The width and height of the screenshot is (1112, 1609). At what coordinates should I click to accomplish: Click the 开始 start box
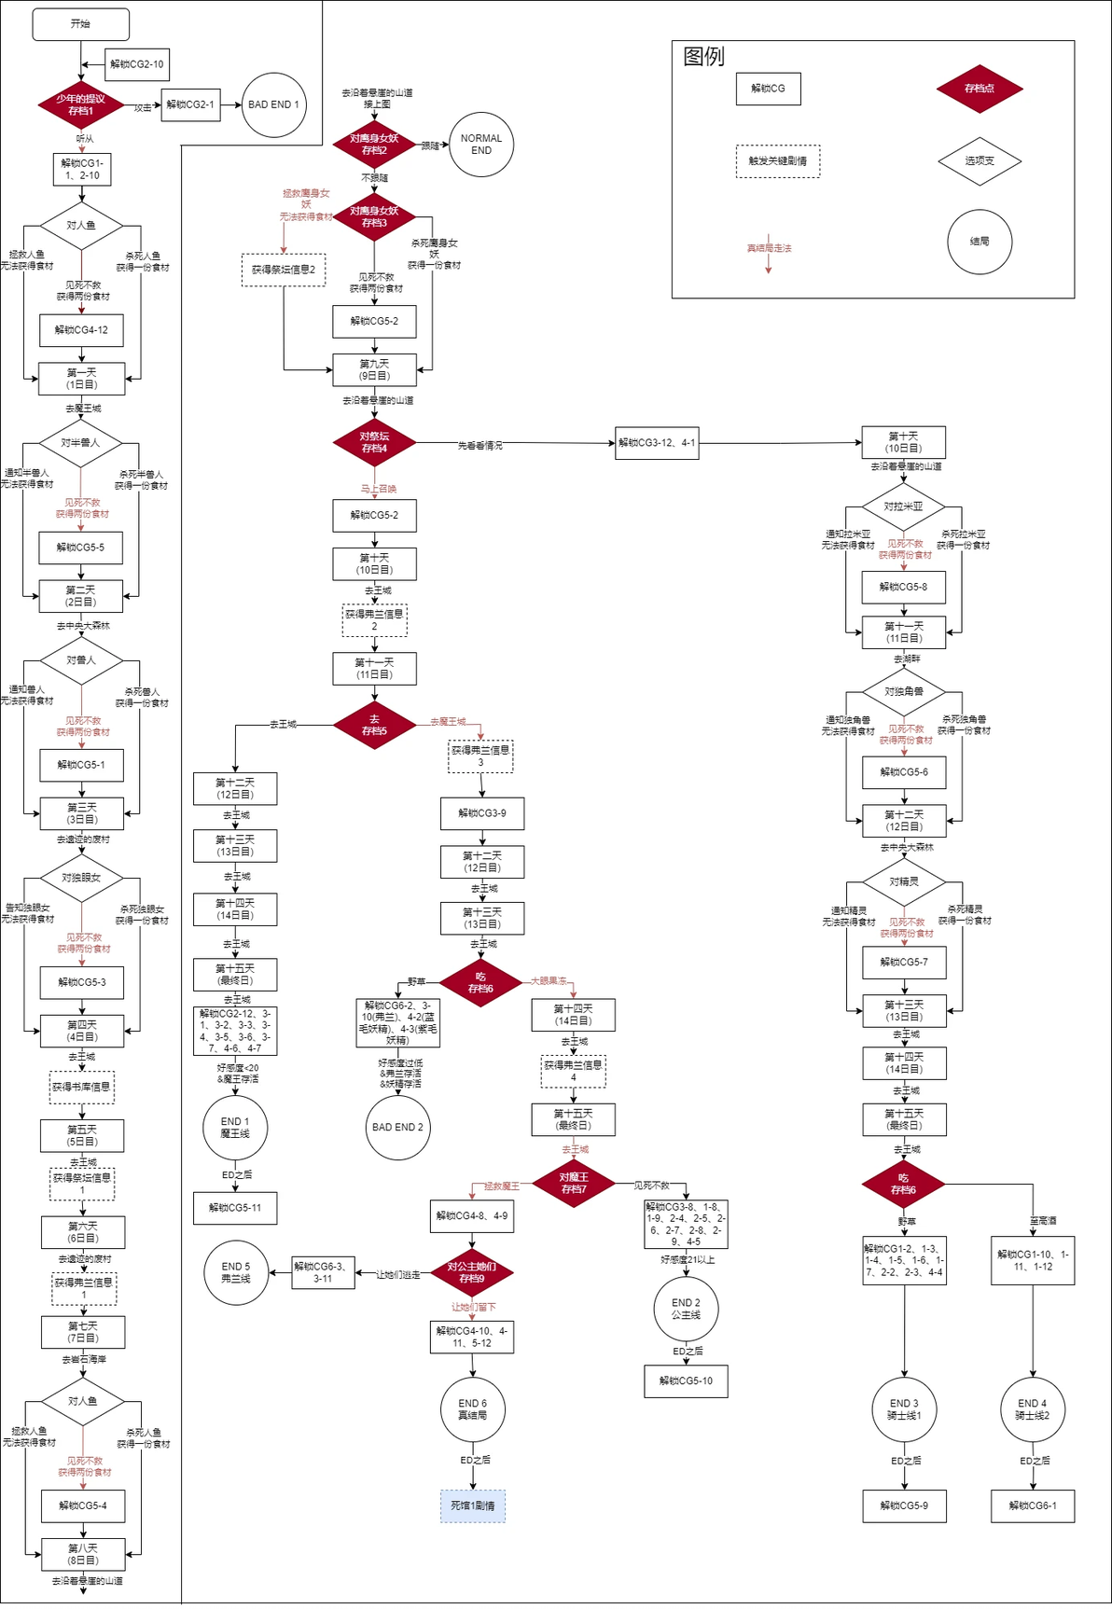pos(81,25)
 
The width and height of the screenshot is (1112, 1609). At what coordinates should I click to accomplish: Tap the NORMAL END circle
pos(481,144)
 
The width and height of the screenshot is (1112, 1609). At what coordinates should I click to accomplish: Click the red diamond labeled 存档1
pos(81,104)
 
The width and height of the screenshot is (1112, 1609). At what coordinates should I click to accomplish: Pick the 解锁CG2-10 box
pos(137,64)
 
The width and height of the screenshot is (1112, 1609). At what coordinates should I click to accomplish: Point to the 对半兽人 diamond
pos(81,442)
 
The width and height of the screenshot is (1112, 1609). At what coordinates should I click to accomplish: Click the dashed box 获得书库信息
pos(82,1087)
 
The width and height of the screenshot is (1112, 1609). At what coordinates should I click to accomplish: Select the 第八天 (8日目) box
pos(83,1554)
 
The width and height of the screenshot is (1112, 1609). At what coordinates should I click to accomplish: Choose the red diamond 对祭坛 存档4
pos(374,442)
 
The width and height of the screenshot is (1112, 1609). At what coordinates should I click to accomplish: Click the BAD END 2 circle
pos(397,1127)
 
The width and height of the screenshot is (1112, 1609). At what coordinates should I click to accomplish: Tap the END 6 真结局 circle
pos(472,1408)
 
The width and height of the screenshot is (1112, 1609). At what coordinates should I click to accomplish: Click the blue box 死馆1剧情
pos(472,1505)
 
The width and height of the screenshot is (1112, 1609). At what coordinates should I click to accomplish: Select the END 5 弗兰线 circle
pos(236,1272)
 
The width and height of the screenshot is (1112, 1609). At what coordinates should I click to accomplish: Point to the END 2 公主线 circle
pos(686,1309)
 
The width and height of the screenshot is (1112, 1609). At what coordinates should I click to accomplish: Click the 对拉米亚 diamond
pos(903,506)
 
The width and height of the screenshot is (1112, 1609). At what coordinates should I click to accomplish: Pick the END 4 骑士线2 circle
pos(1032,1408)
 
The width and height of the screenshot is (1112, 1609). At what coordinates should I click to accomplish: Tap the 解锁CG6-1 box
pos(1033,1505)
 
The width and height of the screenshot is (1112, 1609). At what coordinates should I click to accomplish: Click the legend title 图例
pos(703,57)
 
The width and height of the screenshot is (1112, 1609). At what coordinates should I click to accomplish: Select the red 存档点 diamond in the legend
pos(980,89)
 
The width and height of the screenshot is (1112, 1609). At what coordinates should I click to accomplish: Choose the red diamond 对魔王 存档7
pos(574,1183)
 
